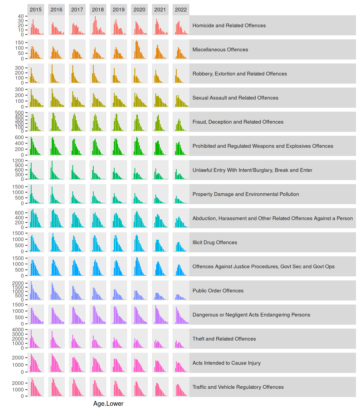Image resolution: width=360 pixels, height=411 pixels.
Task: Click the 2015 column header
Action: [36, 10]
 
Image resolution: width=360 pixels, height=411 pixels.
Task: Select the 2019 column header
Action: [119, 10]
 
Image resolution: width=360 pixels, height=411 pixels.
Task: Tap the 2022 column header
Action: [181, 10]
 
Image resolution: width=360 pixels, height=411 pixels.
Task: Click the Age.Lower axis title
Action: [108, 404]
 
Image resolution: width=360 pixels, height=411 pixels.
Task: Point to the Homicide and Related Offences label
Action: [229, 25]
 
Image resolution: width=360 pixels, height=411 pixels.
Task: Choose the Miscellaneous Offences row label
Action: [220, 50]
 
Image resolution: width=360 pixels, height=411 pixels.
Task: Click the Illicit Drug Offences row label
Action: [215, 242]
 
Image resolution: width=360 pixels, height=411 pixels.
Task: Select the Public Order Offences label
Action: [218, 291]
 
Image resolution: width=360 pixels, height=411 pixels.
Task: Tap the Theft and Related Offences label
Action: [224, 339]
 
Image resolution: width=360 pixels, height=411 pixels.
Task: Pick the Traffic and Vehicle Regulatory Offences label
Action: [238, 387]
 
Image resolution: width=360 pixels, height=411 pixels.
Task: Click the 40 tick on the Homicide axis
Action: [21, 16]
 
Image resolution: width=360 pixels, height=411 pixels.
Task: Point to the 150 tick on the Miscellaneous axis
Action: [20, 43]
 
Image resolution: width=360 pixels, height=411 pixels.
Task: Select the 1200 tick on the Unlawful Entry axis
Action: [18, 161]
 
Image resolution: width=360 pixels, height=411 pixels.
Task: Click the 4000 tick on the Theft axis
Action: [18, 330]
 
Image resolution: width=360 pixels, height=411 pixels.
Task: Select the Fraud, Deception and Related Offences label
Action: [238, 122]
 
